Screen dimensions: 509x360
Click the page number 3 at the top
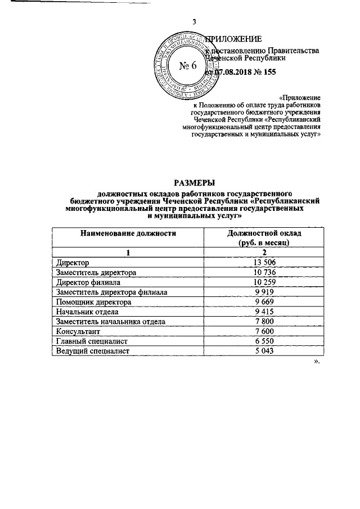tap(194, 22)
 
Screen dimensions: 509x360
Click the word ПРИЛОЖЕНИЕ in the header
tap(232, 39)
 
